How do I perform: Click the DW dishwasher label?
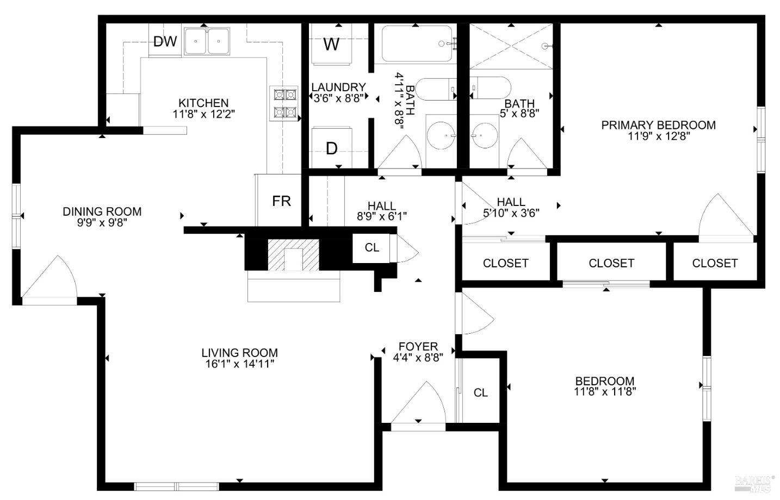[165, 41]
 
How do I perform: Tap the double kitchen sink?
[207, 41]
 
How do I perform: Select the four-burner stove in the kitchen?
[285, 103]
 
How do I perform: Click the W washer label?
[331, 44]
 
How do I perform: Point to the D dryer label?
[331, 148]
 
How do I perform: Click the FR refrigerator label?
[281, 201]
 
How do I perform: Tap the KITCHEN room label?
[203, 103]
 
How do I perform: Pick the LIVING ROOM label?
[239, 353]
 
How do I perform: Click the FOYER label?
[418, 347]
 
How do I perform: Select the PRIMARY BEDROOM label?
[658, 125]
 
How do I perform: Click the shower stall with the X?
[510, 46]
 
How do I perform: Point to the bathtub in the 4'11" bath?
[417, 43]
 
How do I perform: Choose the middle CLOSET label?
[611, 263]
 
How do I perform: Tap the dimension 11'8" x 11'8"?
[605, 391]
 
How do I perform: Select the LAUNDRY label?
[338, 87]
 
